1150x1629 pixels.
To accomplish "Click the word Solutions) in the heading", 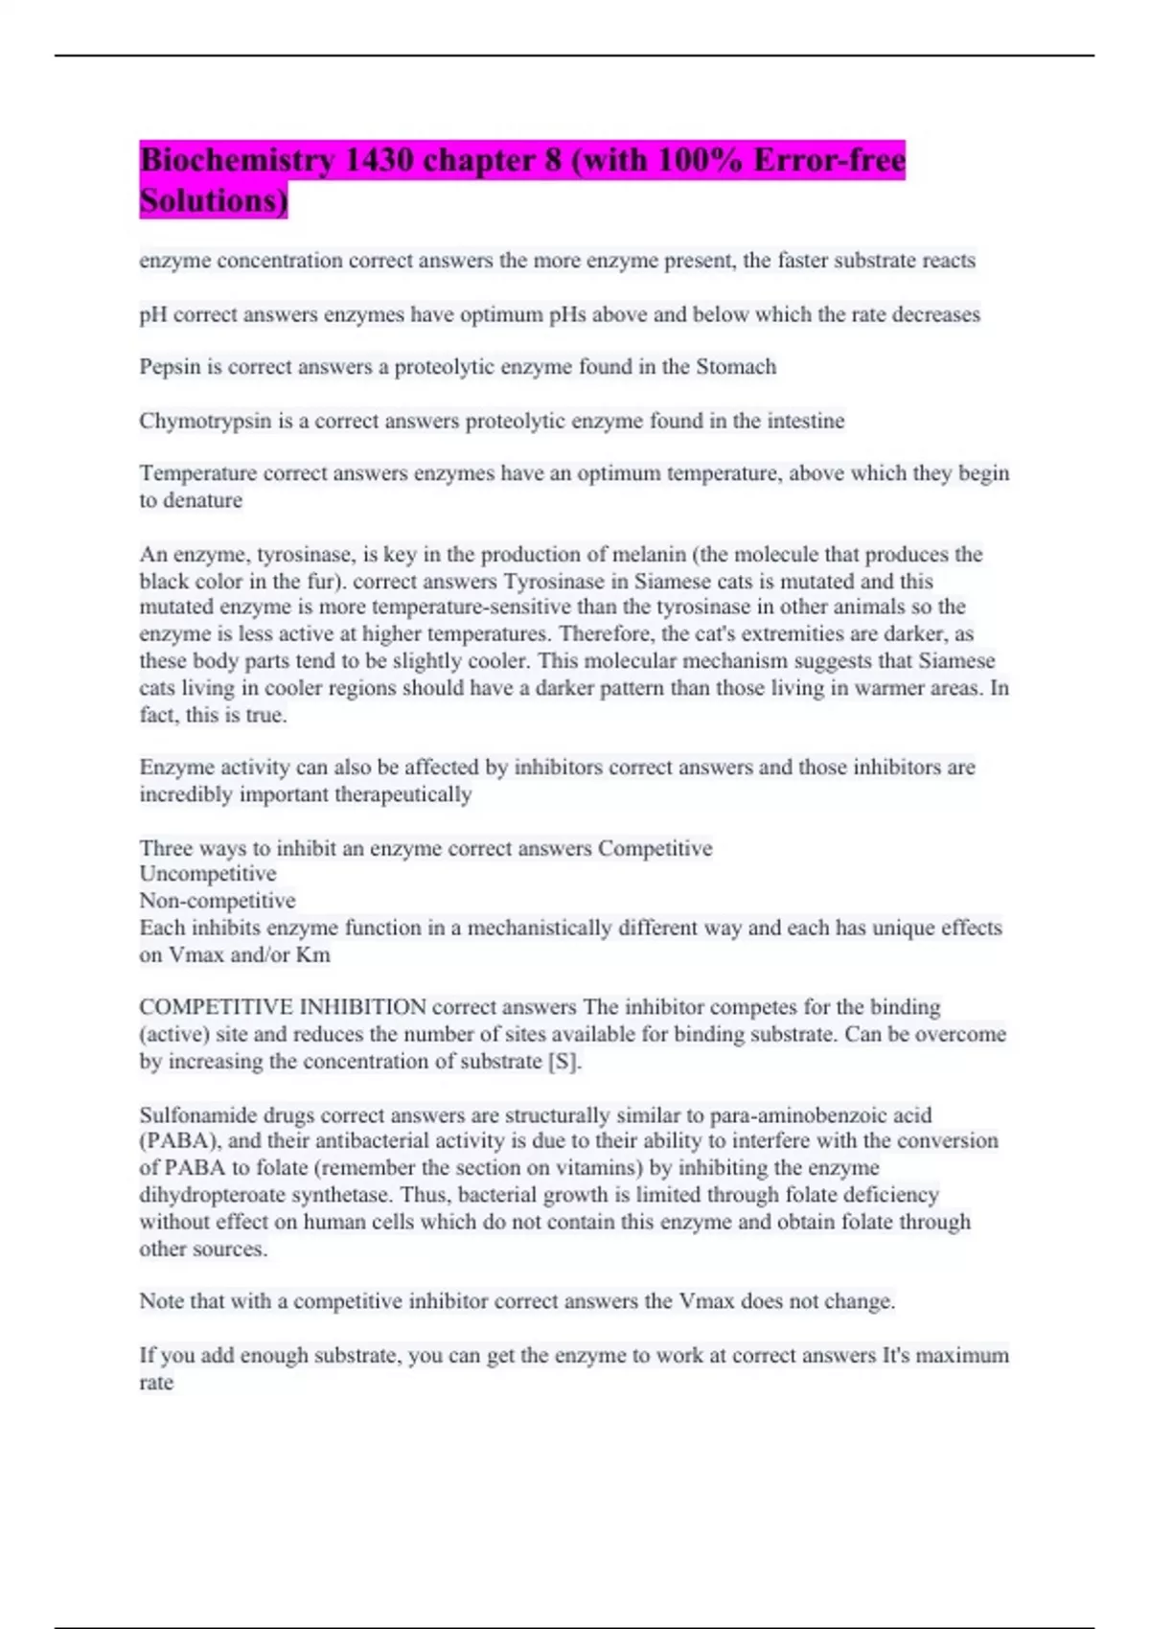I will (x=213, y=201).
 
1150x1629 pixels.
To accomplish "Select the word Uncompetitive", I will (x=207, y=874).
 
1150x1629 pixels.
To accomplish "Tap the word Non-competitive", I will (x=218, y=901).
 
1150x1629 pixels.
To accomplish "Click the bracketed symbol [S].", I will (x=563, y=1062).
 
